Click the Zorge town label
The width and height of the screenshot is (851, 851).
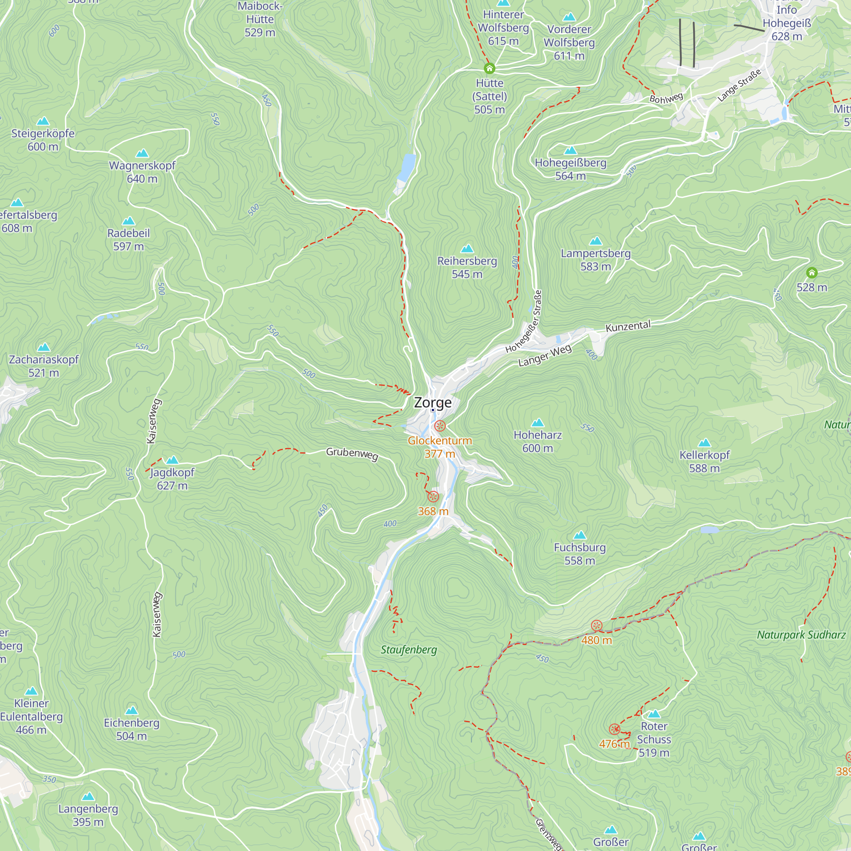tap(433, 403)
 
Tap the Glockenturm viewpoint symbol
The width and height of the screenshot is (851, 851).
tap(440, 426)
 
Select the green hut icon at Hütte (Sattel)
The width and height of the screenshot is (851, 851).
tap(489, 68)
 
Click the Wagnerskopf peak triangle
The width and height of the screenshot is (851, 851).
tap(142, 153)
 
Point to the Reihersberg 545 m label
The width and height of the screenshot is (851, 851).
tap(467, 267)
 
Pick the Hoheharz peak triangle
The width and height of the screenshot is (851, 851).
tap(537, 423)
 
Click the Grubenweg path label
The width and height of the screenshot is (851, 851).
tap(352, 454)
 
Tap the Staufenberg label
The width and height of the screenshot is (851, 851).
tap(408, 650)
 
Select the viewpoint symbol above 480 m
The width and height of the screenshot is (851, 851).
tap(597, 625)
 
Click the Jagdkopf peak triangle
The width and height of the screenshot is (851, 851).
tap(172, 460)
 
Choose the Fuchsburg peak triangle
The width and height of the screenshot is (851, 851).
tap(580, 535)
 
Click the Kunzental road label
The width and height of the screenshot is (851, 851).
tap(628, 326)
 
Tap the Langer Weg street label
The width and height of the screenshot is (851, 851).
tap(545, 355)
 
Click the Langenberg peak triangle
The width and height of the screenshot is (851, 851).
tap(88, 797)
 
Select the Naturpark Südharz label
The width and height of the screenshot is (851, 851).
tap(801, 635)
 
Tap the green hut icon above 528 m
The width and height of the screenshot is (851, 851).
tap(811, 273)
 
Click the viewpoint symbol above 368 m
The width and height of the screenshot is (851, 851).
tap(433, 497)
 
